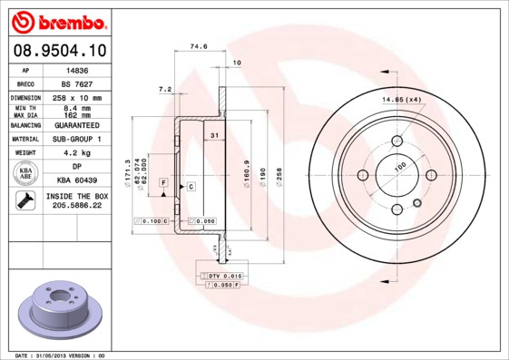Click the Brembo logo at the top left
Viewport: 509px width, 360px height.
pyautogui.click(x=58, y=21)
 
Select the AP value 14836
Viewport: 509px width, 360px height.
pyautogui.click(x=78, y=69)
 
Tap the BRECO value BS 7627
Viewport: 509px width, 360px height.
pyautogui.click(x=78, y=83)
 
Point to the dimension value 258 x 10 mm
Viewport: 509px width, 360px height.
pyautogui.click(x=79, y=98)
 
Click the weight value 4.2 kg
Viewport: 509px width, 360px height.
pyautogui.click(x=79, y=153)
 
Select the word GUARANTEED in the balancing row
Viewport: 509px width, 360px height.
pyautogui.click(x=79, y=125)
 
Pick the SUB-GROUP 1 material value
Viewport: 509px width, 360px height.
pyautogui.click(x=79, y=140)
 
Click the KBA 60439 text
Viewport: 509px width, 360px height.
pyautogui.click(x=79, y=180)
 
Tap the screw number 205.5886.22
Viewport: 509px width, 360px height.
pyautogui.click(x=79, y=206)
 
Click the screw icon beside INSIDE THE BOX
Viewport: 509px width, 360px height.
pyautogui.click(x=25, y=200)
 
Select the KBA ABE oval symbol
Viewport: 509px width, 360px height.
pyautogui.click(x=26, y=173)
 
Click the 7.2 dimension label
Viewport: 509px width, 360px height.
pyautogui.click(x=165, y=89)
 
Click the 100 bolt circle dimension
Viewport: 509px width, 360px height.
pyautogui.click(x=398, y=167)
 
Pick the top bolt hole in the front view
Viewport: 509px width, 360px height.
pyautogui.click(x=398, y=141)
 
